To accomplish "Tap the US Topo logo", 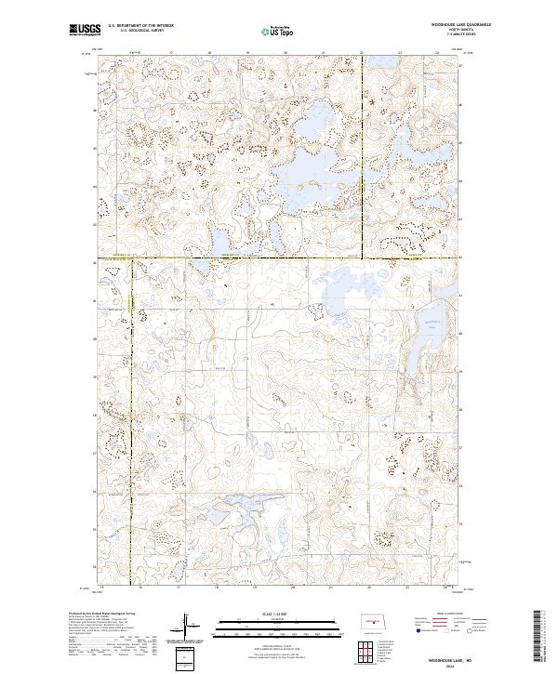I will (279, 32).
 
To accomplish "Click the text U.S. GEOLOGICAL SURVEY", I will (140, 30).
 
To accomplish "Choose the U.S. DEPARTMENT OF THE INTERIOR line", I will (140, 24).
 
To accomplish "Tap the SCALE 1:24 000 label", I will (279, 615).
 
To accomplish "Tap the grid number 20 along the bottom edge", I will (292, 588).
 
